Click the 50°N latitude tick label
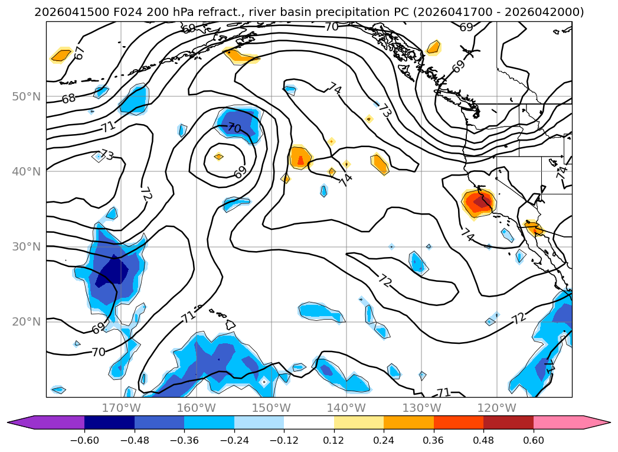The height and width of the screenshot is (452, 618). click(27, 97)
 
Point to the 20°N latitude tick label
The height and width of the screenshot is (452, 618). click(27, 322)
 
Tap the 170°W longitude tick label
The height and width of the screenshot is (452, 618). click(121, 408)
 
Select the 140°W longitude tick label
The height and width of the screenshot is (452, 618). click(346, 408)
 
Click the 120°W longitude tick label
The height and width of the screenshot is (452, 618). click(496, 408)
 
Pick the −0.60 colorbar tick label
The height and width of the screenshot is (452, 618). click(84, 440)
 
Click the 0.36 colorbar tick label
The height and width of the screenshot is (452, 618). click(434, 440)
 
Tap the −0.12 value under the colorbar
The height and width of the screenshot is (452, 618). click(284, 440)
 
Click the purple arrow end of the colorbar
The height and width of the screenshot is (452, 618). click(45, 422)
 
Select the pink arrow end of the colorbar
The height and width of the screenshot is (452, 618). click(572, 422)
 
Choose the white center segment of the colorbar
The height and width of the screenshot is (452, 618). click(309, 422)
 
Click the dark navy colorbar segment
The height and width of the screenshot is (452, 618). click(110, 422)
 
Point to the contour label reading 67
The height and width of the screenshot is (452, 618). click(80, 53)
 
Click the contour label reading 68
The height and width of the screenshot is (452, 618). click(68, 98)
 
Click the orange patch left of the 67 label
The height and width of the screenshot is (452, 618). click(61, 55)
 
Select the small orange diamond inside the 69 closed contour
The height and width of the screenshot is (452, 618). click(219, 157)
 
